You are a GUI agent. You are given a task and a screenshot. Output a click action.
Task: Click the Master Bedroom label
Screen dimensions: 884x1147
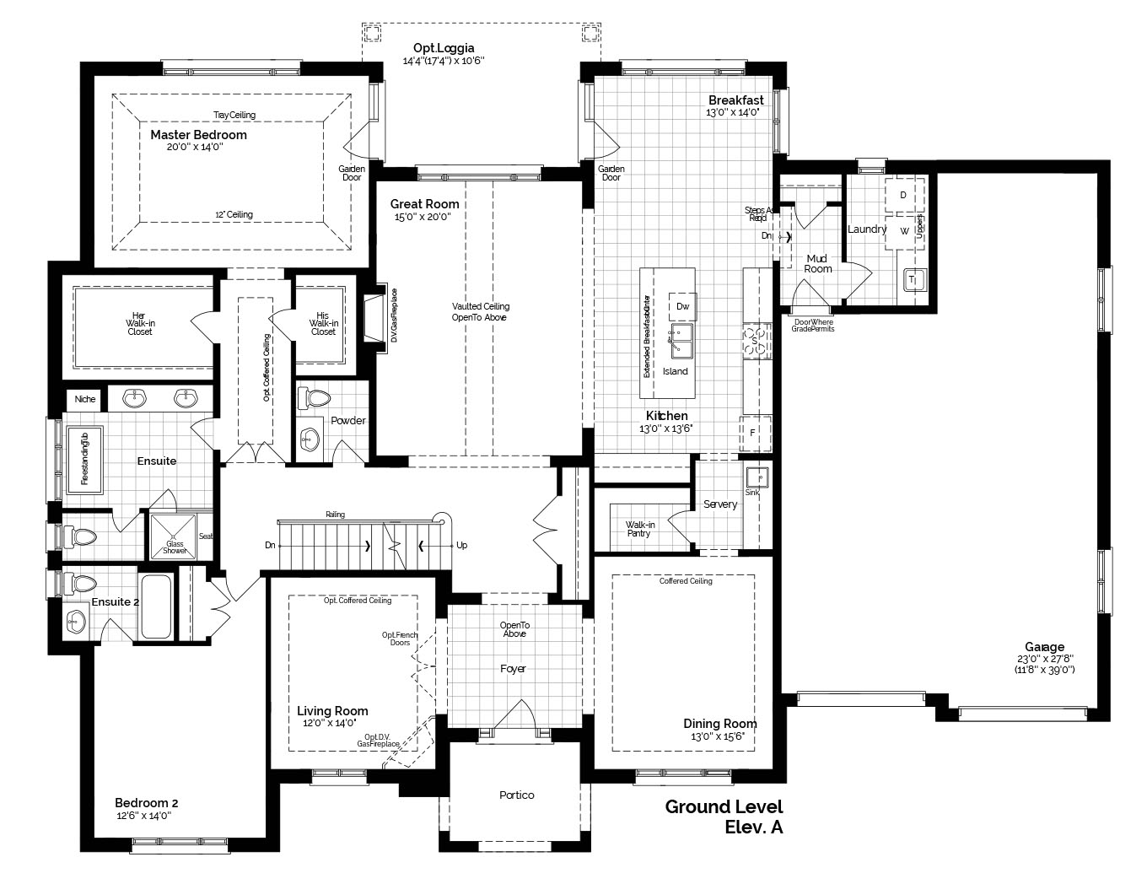(x=198, y=135)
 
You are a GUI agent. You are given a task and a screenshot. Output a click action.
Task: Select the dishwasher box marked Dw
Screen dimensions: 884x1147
(x=682, y=307)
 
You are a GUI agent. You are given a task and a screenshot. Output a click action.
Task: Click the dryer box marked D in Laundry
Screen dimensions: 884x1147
(x=902, y=195)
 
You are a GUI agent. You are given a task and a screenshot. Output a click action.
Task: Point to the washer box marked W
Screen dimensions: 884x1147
(x=903, y=230)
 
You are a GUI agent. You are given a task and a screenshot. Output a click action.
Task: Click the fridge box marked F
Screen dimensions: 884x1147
(x=753, y=432)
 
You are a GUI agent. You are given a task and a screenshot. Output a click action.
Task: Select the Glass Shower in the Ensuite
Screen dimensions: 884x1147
(x=173, y=536)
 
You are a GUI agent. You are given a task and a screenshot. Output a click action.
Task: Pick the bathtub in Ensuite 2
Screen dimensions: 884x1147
(x=156, y=606)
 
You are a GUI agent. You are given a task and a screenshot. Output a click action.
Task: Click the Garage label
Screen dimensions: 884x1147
(x=1044, y=647)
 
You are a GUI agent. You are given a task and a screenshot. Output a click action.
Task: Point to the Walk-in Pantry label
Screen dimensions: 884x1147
(x=640, y=529)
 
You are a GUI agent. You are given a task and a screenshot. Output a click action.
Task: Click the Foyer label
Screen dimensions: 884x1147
(x=513, y=669)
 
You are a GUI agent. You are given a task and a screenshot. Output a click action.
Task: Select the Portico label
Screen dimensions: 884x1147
(x=516, y=795)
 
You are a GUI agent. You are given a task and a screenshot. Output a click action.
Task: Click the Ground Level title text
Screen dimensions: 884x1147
(x=724, y=806)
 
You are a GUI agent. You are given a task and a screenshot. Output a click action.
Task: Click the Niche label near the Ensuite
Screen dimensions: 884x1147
(x=85, y=399)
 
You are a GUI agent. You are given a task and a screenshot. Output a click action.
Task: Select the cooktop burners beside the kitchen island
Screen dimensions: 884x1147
(x=756, y=342)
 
